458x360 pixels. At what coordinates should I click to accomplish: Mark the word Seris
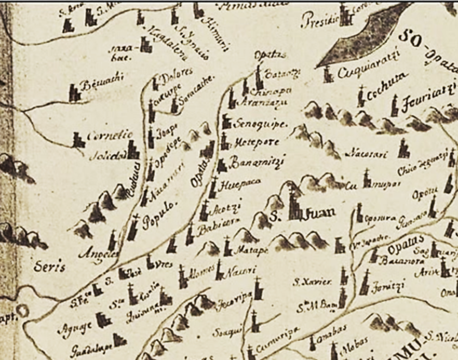pyautogui.click(x=49, y=268)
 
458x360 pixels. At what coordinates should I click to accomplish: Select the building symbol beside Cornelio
pyautogui.click(x=78, y=139)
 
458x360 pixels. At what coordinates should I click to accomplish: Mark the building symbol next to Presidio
pyautogui.click(x=344, y=16)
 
